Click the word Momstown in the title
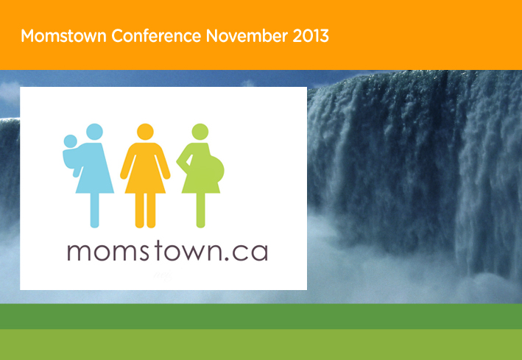coord(63,35)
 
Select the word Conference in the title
coord(156,35)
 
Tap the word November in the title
coord(247,35)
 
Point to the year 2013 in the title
coord(311,35)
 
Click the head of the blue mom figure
coord(94,132)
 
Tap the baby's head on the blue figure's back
coord(70,141)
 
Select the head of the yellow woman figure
coord(145,132)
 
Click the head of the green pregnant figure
coord(200,132)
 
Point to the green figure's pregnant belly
coord(215,169)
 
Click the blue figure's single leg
coord(94,211)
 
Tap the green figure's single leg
coord(200,211)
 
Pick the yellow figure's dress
coord(145,168)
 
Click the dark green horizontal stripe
coord(261,317)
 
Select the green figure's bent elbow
coord(178,160)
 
